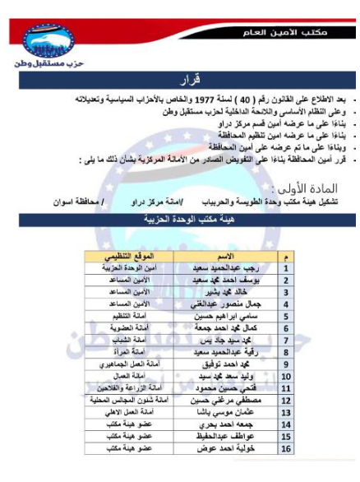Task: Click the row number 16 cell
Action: coord(285,449)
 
